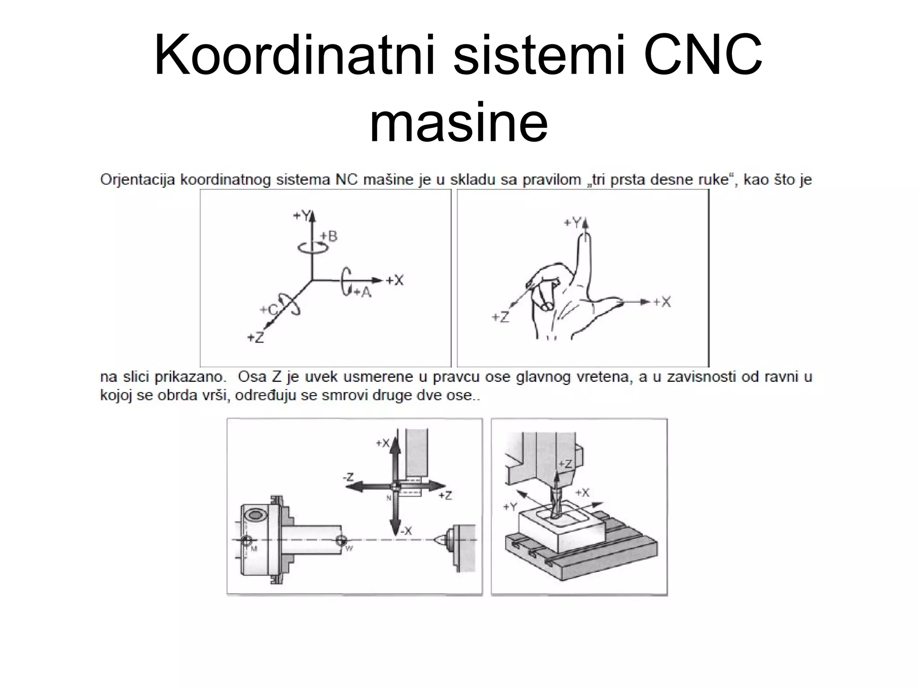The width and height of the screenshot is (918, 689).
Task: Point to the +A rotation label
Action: click(363, 292)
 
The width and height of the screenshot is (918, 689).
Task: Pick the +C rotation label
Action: click(269, 310)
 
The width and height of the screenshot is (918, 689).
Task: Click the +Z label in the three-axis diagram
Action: click(256, 337)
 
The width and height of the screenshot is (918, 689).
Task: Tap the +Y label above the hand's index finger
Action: click(572, 222)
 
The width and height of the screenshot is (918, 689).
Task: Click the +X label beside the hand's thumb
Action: click(662, 302)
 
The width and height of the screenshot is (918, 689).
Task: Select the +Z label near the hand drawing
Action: click(500, 318)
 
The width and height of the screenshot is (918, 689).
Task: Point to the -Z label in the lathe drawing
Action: click(348, 477)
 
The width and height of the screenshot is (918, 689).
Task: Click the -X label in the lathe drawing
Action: click(406, 531)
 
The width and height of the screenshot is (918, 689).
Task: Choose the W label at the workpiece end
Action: click(350, 548)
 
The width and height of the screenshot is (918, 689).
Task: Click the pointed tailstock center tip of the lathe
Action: click(436, 540)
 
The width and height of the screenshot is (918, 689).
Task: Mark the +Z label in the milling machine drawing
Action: click(565, 464)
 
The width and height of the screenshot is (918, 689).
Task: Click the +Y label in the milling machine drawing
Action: click(510, 507)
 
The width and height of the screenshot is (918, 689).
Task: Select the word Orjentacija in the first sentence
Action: click(137, 180)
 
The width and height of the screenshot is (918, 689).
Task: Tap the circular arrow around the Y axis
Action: click(313, 247)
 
